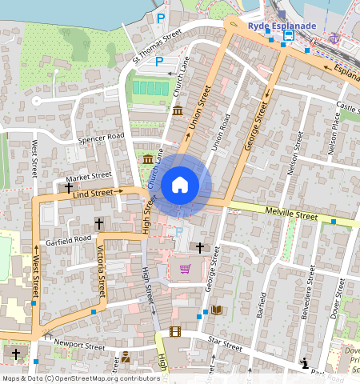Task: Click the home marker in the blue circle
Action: [180, 186]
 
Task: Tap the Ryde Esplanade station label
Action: [282, 26]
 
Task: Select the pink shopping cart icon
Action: [185, 269]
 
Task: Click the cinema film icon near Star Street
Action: [174, 331]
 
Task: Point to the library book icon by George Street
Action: [216, 310]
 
